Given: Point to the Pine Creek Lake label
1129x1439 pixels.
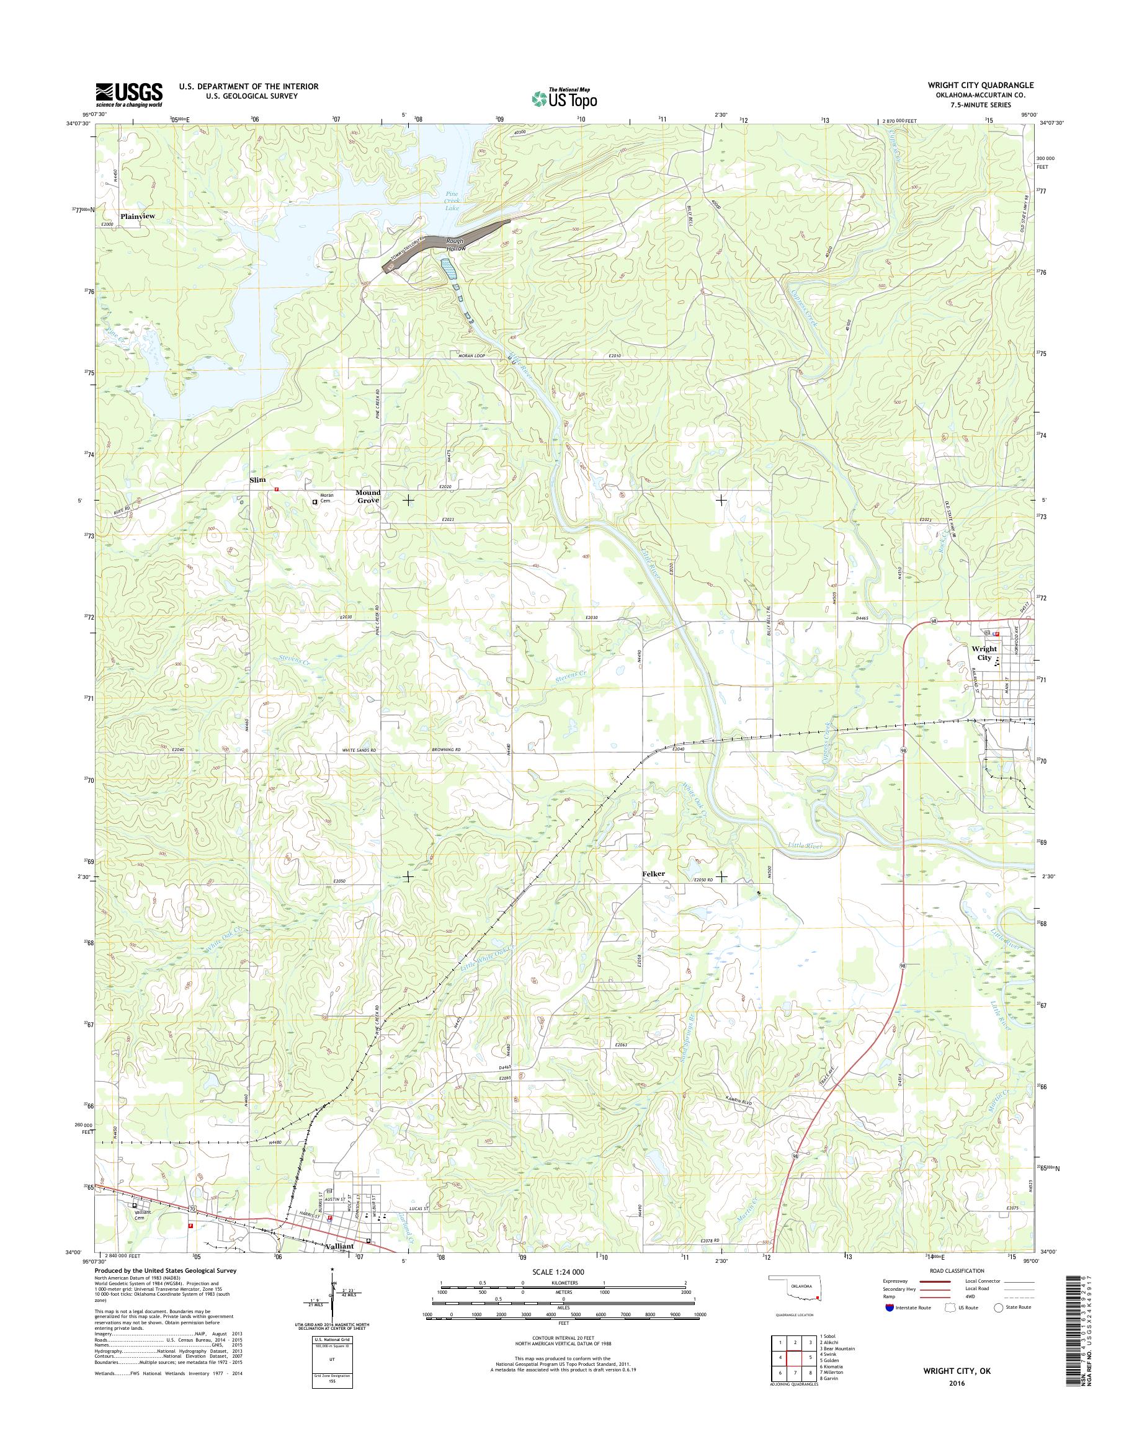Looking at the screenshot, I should [x=452, y=201].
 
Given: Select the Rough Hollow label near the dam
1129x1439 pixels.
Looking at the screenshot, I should [x=456, y=244].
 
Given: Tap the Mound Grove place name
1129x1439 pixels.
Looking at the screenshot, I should [x=368, y=496].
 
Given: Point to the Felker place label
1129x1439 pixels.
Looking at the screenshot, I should [x=653, y=873].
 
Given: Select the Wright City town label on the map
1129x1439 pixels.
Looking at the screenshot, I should [x=984, y=653].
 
